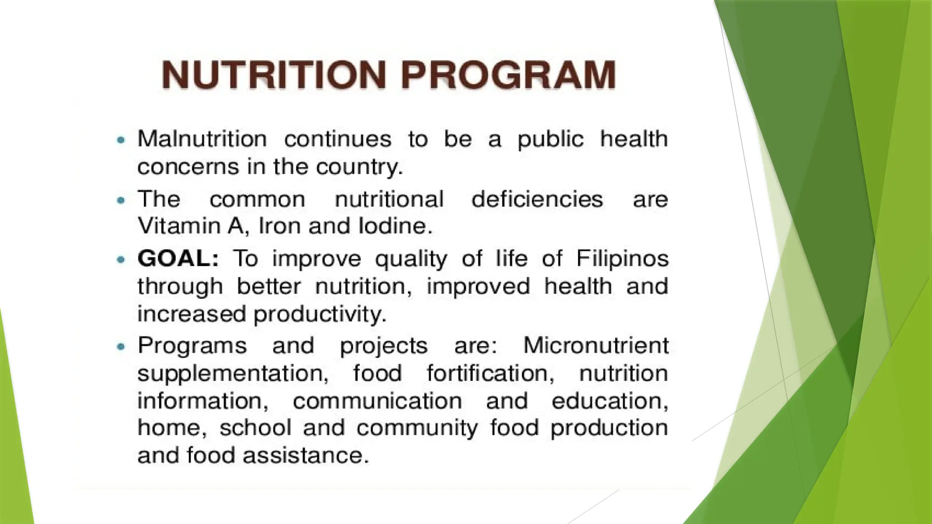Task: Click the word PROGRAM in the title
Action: coord(509,75)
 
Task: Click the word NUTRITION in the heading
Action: coord(274,75)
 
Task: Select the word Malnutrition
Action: coord(202,139)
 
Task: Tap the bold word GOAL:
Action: coord(178,259)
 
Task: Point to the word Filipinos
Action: coord(622,259)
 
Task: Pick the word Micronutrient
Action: coord(596,345)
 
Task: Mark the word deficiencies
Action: coord(537,199)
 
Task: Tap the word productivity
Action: coord(319,314)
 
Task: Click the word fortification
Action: coord(490,373)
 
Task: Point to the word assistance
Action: coord(305,455)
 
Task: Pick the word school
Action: coord(255,428)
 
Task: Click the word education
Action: coord(610,401)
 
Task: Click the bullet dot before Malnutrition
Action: coord(121,140)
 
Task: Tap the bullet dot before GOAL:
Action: coord(121,260)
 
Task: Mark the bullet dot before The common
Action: coord(121,200)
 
